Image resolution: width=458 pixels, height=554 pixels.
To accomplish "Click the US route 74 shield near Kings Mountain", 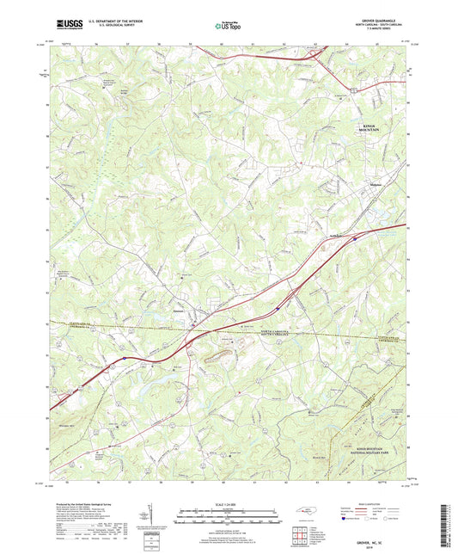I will point(352,87).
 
